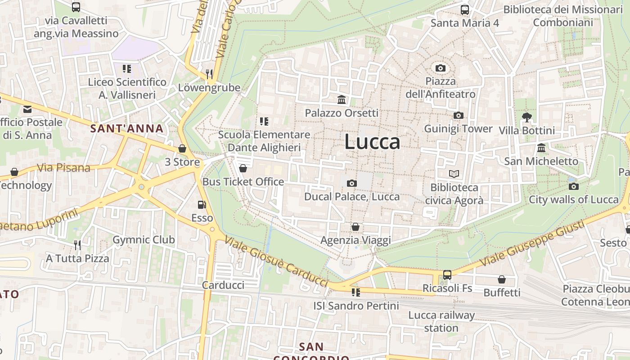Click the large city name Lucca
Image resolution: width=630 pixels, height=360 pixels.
pos(372,142)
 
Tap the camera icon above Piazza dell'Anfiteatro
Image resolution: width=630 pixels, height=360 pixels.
pos(441,68)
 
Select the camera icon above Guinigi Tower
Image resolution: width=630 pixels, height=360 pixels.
pos(459,116)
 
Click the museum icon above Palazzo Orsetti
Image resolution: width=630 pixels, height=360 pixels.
pos(342,99)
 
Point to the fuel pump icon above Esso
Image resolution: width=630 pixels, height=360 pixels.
pos(202,205)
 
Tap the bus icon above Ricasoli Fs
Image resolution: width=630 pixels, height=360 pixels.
pos(447,274)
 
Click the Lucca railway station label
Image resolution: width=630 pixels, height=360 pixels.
pos(441,321)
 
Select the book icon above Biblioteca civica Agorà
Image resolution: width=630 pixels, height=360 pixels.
pos(454,174)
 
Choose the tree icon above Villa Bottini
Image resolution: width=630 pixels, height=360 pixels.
pos(527,117)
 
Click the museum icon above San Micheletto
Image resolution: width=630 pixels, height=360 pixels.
pos(541,148)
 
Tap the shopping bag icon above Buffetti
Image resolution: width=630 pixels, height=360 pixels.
pos(502,279)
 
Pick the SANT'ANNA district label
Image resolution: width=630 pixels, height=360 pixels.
pos(127,129)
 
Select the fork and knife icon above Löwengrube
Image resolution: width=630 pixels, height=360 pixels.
pos(209,74)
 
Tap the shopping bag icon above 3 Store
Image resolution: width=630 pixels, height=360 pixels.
pos(182,148)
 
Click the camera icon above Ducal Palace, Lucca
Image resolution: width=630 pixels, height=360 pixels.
pos(352,183)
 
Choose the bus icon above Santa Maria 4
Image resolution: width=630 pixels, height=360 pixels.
pos(465,9)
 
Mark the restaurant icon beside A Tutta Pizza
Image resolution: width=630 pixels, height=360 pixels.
pos(77,245)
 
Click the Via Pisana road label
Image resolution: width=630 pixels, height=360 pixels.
pos(63,168)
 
